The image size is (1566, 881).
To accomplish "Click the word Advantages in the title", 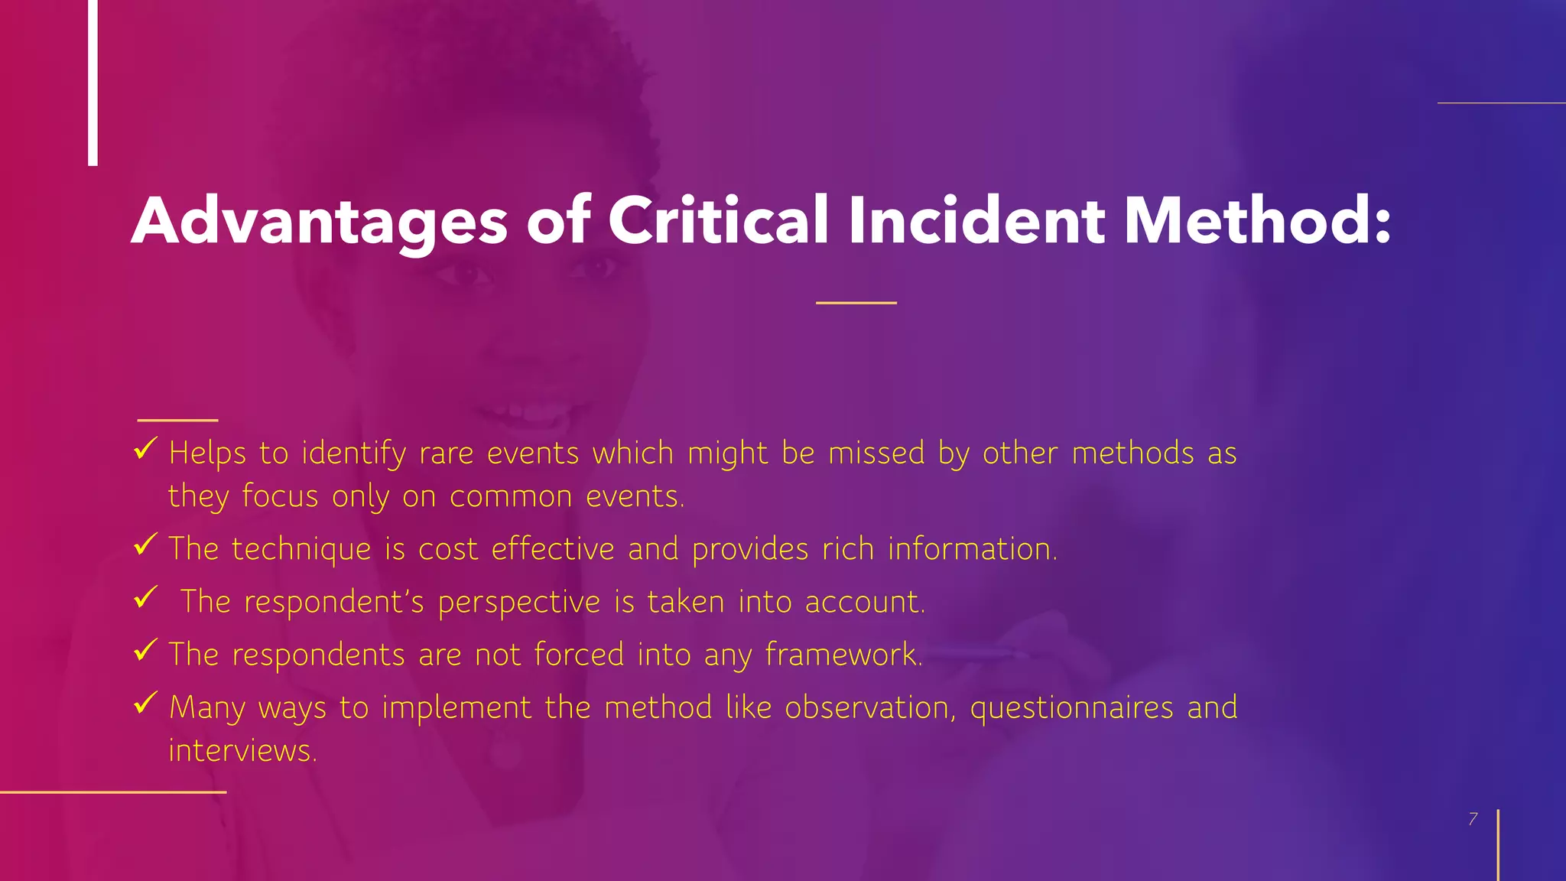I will (x=319, y=222).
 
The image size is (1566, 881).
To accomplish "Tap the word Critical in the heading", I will (x=717, y=220).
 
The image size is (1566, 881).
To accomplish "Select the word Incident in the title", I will (x=975, y=220).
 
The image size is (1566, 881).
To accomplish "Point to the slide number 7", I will (x=1473, y=819).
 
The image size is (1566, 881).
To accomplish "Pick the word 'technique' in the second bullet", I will (x=301, y=550).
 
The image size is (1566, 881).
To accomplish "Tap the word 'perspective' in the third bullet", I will (x=519, y=603).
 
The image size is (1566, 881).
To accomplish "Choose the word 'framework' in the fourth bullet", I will (x=842, y=655).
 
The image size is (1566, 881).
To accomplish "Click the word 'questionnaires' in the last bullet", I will (x=1071, y=708).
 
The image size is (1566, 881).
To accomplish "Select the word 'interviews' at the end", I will (x=241, y=751).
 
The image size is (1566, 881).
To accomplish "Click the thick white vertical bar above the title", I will (x=93, y=83).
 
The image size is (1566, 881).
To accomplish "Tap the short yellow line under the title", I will (x=856, y=303).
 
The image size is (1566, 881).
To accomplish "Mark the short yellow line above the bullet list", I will (x=177, y=420).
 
